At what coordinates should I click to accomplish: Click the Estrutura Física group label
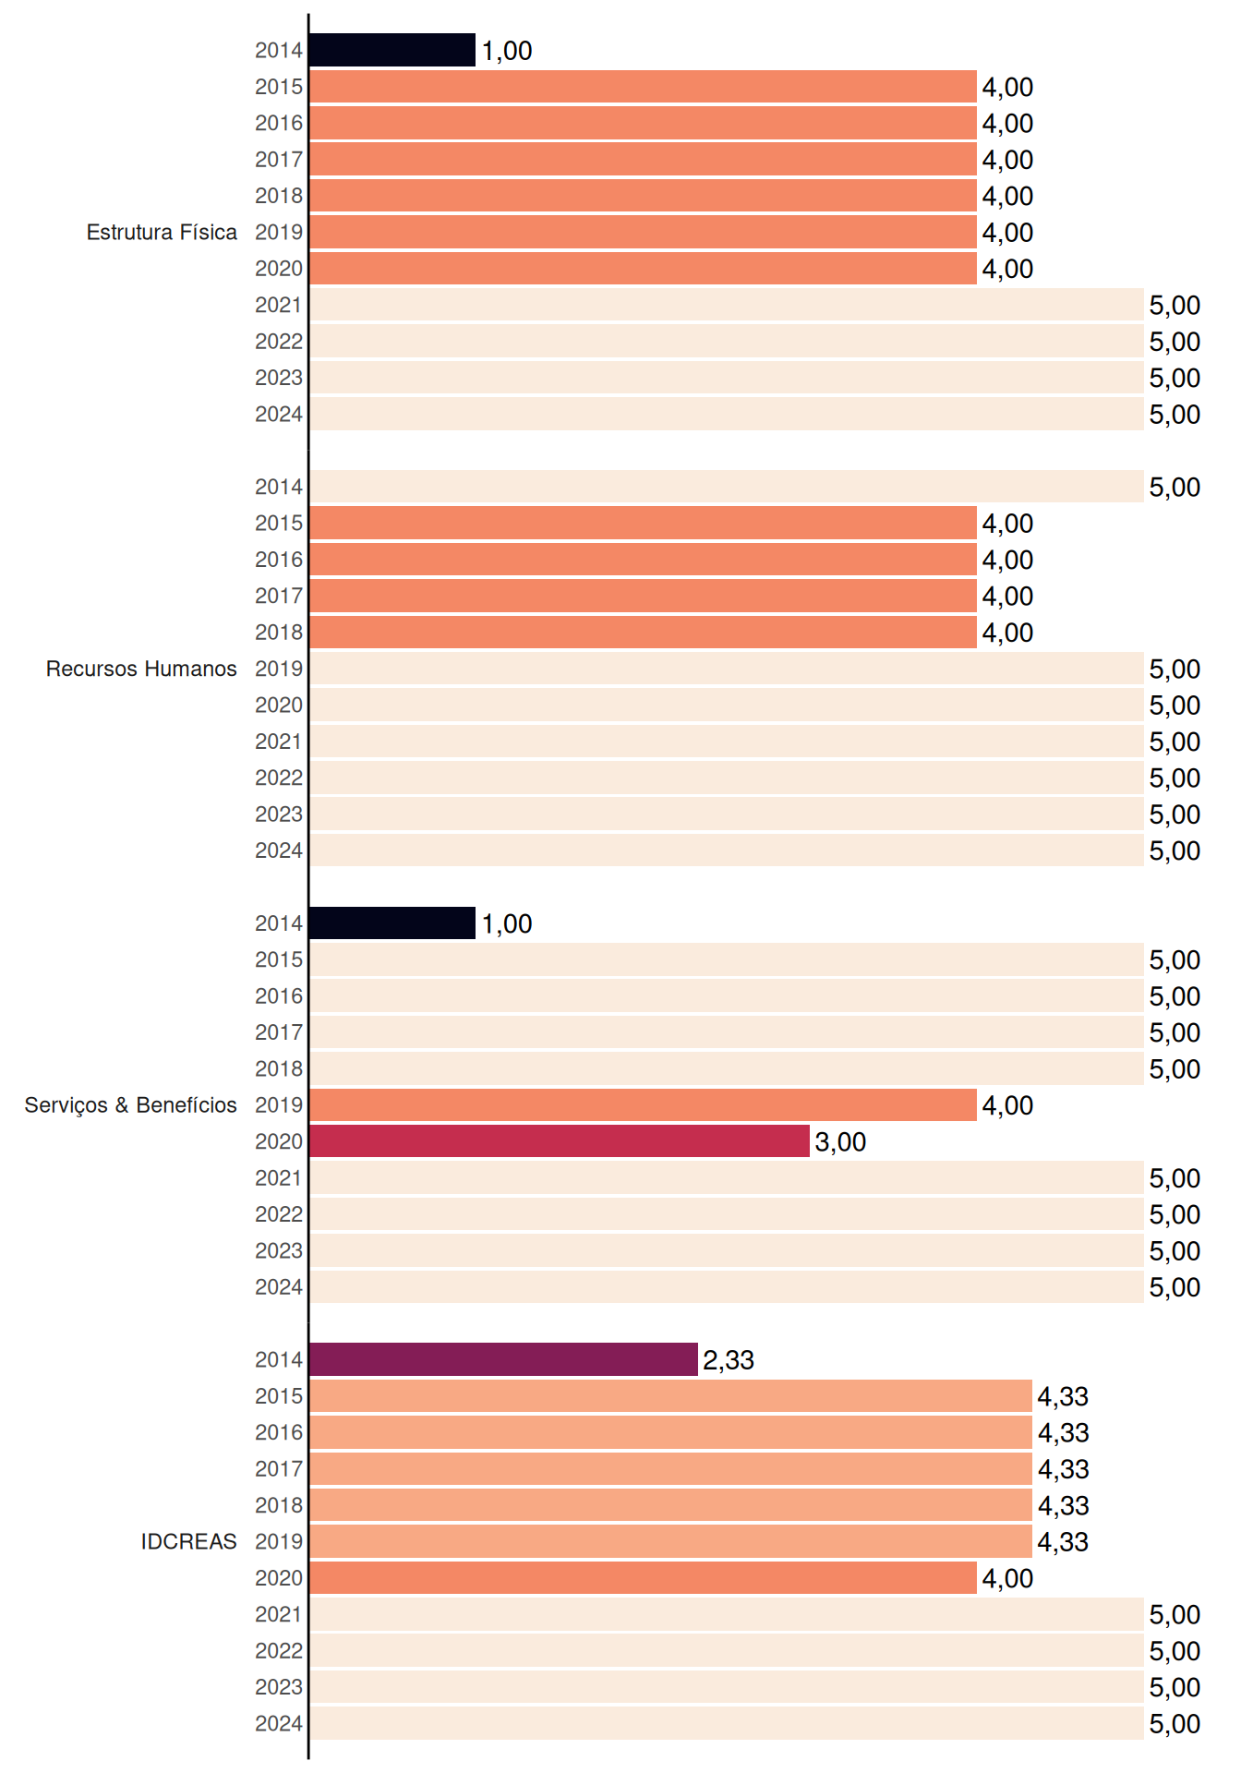click(x=162, y=232)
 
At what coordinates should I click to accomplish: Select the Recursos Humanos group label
click(x=141, y=669)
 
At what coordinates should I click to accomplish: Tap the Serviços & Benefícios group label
click(x=130, y=1105)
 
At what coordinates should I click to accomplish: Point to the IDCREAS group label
click(x=188, y=1541)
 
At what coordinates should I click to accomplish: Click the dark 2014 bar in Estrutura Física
click(x=392, y=50)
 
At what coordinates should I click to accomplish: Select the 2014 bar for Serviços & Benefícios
click(x=392, y=923)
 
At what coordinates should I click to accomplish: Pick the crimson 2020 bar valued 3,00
click(x=560, y=1141)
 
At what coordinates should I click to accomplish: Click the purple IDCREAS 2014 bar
click(x=503, y=1359)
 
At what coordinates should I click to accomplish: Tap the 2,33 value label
click(x=729, y=1360)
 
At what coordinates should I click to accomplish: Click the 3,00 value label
click(x=840, y=1142)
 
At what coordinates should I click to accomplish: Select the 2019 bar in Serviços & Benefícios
click(x=643, y=1104)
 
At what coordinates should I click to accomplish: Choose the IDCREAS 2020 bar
click(x=643, y=1578)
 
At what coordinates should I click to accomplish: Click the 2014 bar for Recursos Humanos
click(x=727, y=487)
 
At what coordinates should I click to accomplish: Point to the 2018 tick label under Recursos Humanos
click(x=279, y=633)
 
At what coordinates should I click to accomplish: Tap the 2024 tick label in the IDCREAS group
click(x=279, y=1724)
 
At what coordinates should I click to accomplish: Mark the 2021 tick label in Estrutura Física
click(x=279, y=305)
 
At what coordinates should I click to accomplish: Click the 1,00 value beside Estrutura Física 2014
click(x=507, y=51)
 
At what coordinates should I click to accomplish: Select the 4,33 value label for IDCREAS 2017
click(x=1063, y=1469)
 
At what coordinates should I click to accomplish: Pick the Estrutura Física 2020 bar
click(x=643, y=269)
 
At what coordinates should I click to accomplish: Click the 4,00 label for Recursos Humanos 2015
click(x=1007, y=524)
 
